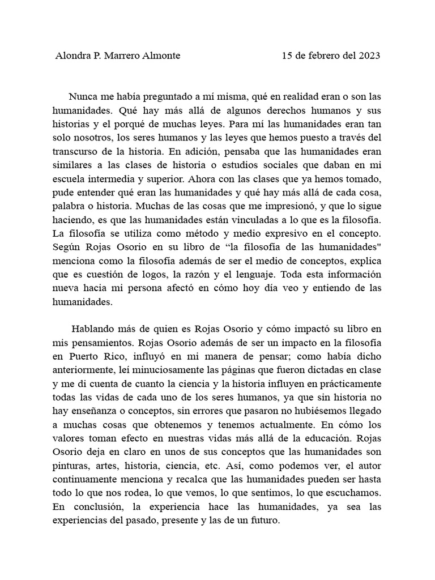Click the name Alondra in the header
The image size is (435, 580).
click(x=73, y=56)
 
